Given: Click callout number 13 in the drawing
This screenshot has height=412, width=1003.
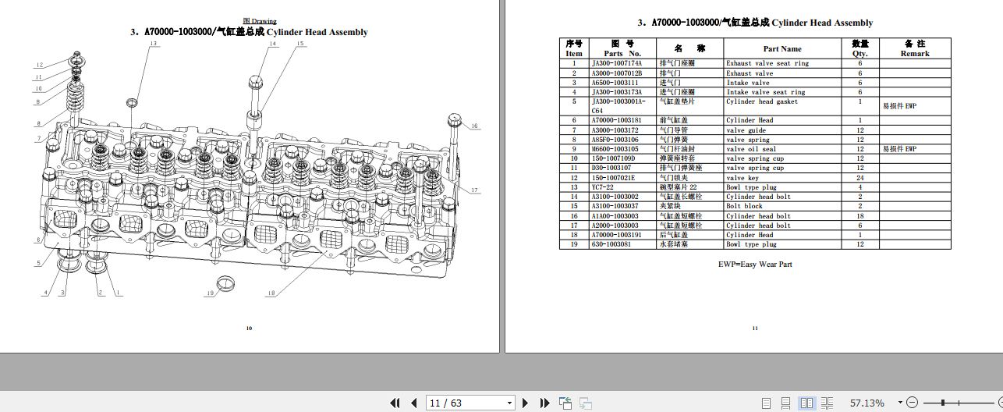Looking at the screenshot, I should pos(154,44).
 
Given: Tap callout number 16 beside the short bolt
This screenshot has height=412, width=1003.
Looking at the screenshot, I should pos(474,126).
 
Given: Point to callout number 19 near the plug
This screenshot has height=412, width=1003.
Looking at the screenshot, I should pos(210,293).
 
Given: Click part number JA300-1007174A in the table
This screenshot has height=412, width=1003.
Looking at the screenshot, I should pos(617,63).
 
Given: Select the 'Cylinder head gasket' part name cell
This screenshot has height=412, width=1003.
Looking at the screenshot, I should pos(761,101).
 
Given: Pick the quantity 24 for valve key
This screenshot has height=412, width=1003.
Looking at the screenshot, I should pos(860,178).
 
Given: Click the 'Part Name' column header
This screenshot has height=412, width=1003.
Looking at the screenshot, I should pos(782,48).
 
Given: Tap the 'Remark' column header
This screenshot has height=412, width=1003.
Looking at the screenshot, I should pos(915,48).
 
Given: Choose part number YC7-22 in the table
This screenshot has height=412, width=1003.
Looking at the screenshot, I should pos(603,187).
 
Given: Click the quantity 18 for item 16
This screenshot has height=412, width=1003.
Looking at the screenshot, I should pos(860,216).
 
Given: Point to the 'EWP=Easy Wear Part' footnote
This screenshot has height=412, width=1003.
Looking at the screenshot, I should pos(754,265).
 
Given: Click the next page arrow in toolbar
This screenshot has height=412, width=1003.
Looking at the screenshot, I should pos(525,403).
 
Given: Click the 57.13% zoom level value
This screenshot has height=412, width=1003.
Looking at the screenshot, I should pos(867,403).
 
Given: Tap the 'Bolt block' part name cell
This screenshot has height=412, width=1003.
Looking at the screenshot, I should pos(744,206).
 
